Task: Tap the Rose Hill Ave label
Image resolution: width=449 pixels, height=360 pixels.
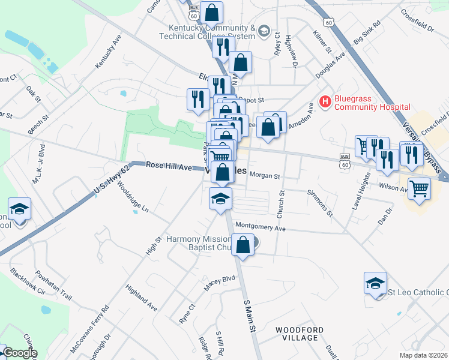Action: [x=169, y=166]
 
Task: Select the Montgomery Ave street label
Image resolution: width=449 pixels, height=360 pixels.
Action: [x=260, y=228]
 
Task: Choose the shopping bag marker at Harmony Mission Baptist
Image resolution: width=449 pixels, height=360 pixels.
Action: [x=243, y=245]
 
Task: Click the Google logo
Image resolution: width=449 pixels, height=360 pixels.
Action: [x=20, y=353]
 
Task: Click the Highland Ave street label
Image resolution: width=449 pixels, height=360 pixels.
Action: [x=141, y=298]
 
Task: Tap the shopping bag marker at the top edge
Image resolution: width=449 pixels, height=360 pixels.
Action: [x=211, y=12]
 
